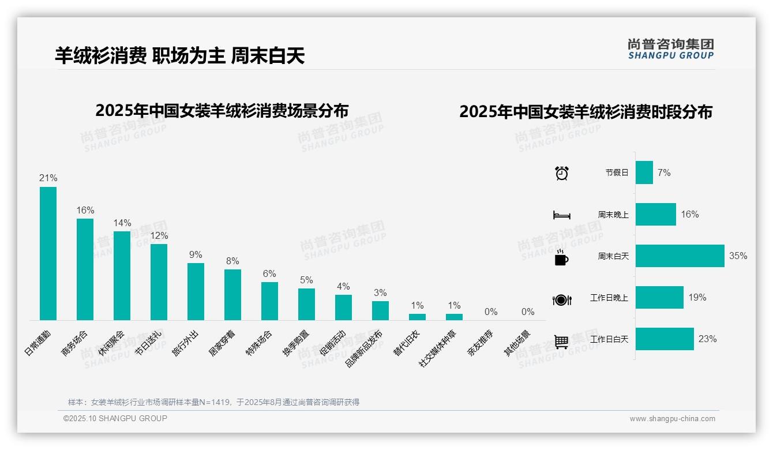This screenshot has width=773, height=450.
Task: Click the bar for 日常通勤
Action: pyautogui.click(x=48, y=253)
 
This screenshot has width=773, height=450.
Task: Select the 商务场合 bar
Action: pyautogui.click(x=85, y=269)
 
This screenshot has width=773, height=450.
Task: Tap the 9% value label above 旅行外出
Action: pyautogui.click(x=196, y=254)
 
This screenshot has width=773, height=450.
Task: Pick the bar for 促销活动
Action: pyautogui.click(x=343, y=307)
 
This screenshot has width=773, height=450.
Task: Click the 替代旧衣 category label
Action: pyautogui.click(x=407, y=343)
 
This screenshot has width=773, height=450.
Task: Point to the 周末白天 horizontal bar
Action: pyautogui.click(x=680, y=256)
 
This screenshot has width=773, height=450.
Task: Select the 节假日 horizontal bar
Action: pyautogui.click(x=644, y=172)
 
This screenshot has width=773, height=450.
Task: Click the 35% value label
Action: pyautogui.click(x=738, y=256)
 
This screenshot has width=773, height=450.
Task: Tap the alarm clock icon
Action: pyautogui.click(x=561, y=173)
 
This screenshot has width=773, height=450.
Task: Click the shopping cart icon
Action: pyautogui.click(x=561, y=342)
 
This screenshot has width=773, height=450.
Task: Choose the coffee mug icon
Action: pyautogui.click(x=561, y=257)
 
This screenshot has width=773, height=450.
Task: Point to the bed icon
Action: pyautogui.click(x=561, y=215)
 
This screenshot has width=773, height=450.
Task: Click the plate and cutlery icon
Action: pyautogui.click(x=561, y=299)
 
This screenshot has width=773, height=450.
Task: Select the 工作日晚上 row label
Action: pyautogui.click(x=609, y=298)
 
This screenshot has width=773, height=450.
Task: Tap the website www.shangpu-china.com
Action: pyautogui.click(x=672, y=419)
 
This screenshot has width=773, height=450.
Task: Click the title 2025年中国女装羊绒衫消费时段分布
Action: pyautogui.click(x=586, y=112)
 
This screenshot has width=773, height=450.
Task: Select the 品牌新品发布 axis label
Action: pyautogui.click(x=365, y=349)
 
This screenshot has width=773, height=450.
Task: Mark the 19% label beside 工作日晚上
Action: pyautogui.click(x=697, y=298)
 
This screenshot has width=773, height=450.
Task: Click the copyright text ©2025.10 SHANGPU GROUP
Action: pyautogui.click(x=115, y=418)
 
